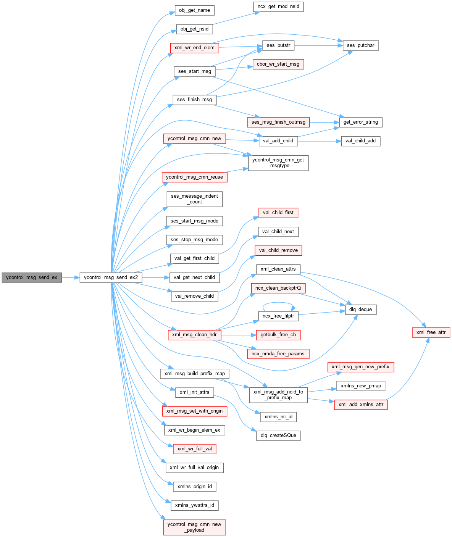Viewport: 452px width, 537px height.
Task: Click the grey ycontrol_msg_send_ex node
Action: pos(31,277)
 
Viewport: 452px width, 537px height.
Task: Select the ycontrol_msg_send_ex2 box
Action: pos(111,277)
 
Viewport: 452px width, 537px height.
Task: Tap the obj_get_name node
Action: pos(194,10)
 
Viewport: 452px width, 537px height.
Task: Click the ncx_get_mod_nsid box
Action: pos(278,6)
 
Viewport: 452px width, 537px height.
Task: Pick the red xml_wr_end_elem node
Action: pos(194,48)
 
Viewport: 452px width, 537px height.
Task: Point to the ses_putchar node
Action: pos(361,45)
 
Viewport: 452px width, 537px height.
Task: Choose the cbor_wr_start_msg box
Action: pos(278,64)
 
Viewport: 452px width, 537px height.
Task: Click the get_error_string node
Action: pos(361,122)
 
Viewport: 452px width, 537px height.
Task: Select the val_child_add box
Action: pos(360,141)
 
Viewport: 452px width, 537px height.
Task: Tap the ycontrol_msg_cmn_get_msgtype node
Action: pos(278,163)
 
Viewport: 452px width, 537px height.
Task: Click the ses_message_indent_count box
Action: pos(194,199)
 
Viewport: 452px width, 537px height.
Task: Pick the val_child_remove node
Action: pos(278,250)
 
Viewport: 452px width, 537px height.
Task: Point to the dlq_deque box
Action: pos(361,310)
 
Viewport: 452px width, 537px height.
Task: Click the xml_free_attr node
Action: pos(431,332)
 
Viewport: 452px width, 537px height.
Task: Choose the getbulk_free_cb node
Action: pos(278,335)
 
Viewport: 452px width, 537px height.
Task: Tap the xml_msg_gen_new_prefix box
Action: pos(360,367)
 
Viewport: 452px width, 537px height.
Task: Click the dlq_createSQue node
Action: pos(278,435)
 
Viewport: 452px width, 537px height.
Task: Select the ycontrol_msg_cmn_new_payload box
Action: pos(194,527)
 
